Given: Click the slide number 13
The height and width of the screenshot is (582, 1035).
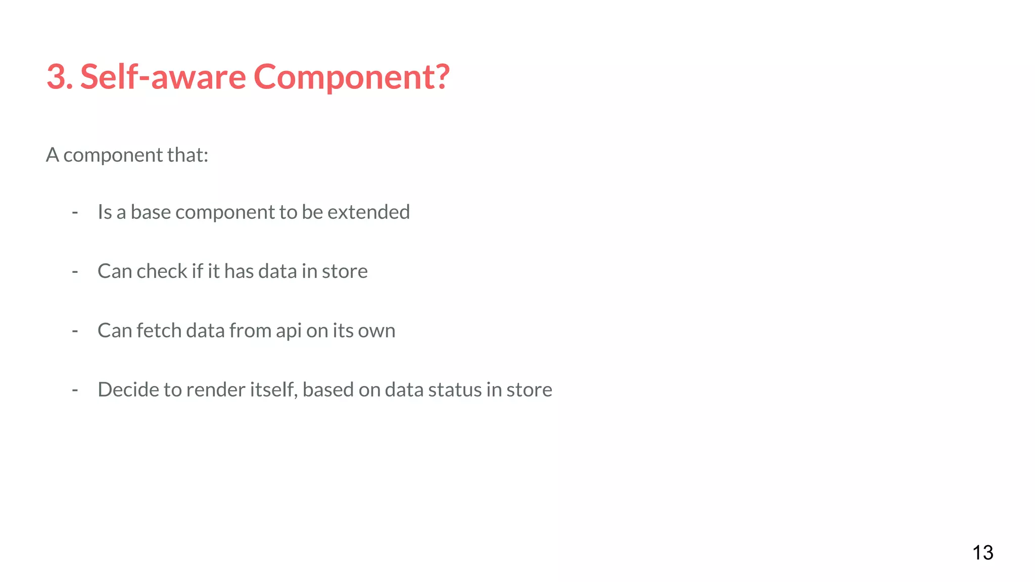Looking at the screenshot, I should [982, 553].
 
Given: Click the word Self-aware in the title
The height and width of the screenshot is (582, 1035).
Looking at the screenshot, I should [163, 77].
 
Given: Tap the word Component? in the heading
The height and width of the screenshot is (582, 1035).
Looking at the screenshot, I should [351, 77].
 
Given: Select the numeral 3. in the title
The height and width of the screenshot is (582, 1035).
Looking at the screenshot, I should [60, 77].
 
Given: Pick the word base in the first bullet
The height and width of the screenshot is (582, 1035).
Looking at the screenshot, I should [151, 212].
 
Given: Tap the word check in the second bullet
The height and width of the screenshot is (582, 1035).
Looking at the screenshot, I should [162, 271].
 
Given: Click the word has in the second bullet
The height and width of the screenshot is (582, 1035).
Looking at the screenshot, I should [239, 271].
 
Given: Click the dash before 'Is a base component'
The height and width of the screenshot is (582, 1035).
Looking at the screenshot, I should [75, 213].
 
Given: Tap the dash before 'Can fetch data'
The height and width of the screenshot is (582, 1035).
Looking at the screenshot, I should [75, 331].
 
